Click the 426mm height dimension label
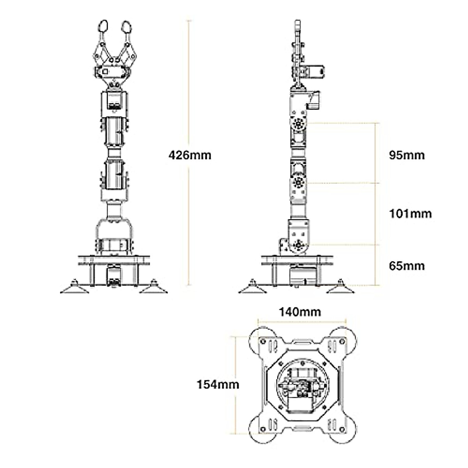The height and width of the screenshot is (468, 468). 190,155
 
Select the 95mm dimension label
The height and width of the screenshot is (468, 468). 406,155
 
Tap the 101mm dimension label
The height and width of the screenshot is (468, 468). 410,214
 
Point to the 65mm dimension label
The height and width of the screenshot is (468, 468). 406,266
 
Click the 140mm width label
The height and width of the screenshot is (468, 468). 300,312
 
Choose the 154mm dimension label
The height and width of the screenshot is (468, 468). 218,385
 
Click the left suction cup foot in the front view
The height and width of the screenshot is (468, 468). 74,288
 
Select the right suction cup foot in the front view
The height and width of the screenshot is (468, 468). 154,288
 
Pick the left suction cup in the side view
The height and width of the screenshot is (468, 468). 252,288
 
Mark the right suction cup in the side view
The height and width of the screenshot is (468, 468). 340,288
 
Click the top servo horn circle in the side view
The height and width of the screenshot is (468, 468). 299,124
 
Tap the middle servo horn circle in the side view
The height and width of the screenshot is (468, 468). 299,182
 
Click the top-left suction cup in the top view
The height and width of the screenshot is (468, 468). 262,339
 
